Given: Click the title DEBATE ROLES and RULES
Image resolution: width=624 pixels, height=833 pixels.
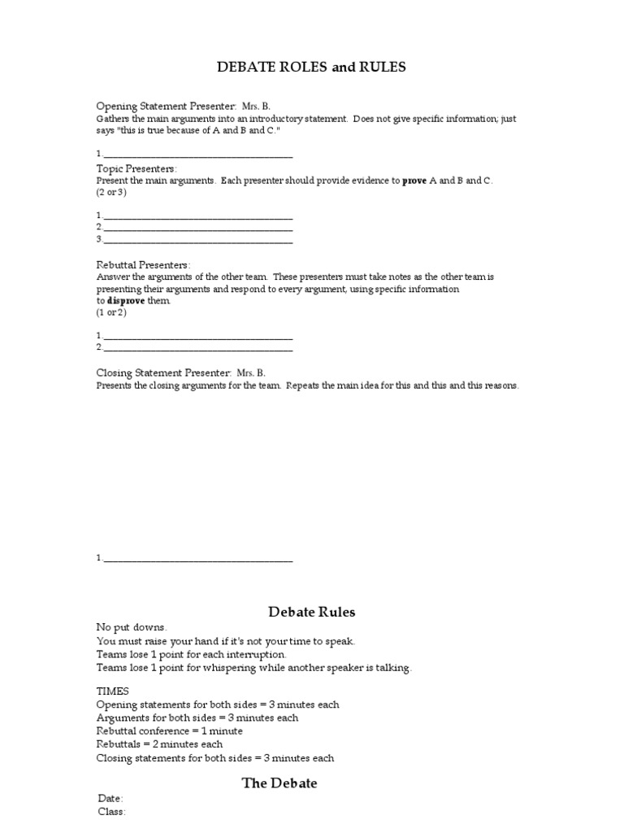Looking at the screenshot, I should pos(311,68).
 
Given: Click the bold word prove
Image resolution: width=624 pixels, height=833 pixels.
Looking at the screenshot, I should pos(414,181).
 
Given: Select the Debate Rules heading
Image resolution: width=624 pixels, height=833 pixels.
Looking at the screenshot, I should pos(311,612).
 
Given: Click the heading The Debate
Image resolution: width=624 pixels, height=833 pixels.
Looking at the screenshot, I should pos(279,783).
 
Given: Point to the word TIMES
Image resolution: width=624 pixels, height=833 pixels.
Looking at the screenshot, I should pos(112,691).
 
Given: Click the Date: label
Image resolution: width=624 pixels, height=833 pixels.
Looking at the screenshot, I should pos(111,799).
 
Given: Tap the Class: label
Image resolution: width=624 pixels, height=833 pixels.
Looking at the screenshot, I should pos(112,812).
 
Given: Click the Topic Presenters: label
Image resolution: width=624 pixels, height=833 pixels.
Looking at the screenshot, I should pos(136,168).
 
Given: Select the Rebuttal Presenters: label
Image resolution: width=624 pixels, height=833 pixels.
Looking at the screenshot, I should pos(143,265).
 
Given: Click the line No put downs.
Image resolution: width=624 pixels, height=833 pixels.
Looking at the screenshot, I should pos(132,628).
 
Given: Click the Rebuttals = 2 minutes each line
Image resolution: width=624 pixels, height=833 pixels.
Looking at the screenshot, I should pos(159,744).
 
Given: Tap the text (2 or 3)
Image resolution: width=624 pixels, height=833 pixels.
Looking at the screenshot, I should pos(111,193).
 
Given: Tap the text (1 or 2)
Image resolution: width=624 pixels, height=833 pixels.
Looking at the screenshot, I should pos(111,312).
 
